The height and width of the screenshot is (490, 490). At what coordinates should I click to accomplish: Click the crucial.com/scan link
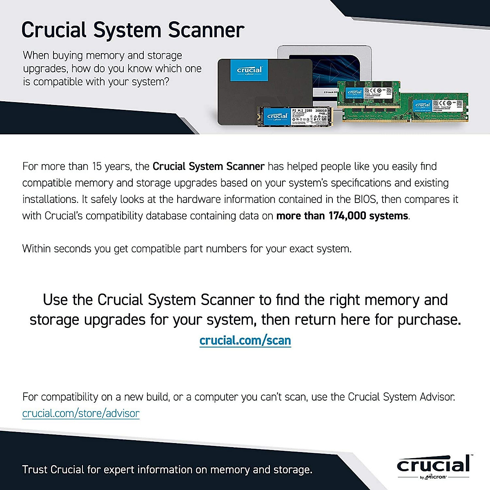pyautogui.click(x=245, y=340)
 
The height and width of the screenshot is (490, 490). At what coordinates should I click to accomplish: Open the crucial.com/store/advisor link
pyautogui.click(x=81, y=413)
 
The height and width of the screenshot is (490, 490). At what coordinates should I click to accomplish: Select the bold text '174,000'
pyautogui.click(x=347, y=216)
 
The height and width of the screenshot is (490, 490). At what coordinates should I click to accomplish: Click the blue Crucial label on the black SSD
pyautogui.click(x=249, y=70)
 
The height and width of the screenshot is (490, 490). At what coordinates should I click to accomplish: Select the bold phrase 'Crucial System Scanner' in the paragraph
pyautogui.click(x=208, y=167)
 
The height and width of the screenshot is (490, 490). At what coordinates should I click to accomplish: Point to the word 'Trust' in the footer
pyautogui.click(x=35, y=470)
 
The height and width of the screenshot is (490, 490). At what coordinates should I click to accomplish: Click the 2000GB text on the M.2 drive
pyautogui.click(x=321, y=111)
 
